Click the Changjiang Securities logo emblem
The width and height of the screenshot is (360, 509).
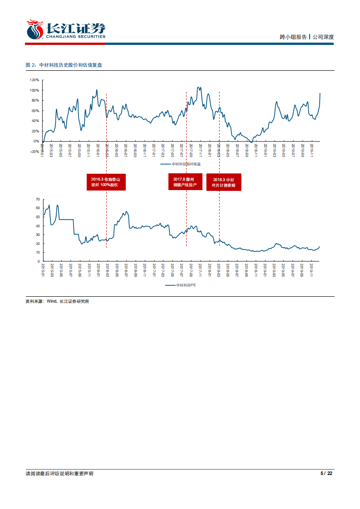[35, 30]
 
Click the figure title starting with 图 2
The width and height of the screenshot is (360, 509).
[64, 65]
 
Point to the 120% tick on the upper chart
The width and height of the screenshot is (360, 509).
[35, 80]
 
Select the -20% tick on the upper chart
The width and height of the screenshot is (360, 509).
[35, 152]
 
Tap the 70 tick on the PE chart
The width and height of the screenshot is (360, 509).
[38, 199]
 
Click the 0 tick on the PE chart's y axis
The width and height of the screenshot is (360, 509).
[39, 261]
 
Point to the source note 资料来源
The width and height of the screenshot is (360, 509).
[57, 301]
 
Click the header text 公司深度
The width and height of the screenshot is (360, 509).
[323, 37]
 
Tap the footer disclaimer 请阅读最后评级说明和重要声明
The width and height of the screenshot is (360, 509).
[59, 474]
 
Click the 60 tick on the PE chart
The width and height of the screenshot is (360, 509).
[38, 208]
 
